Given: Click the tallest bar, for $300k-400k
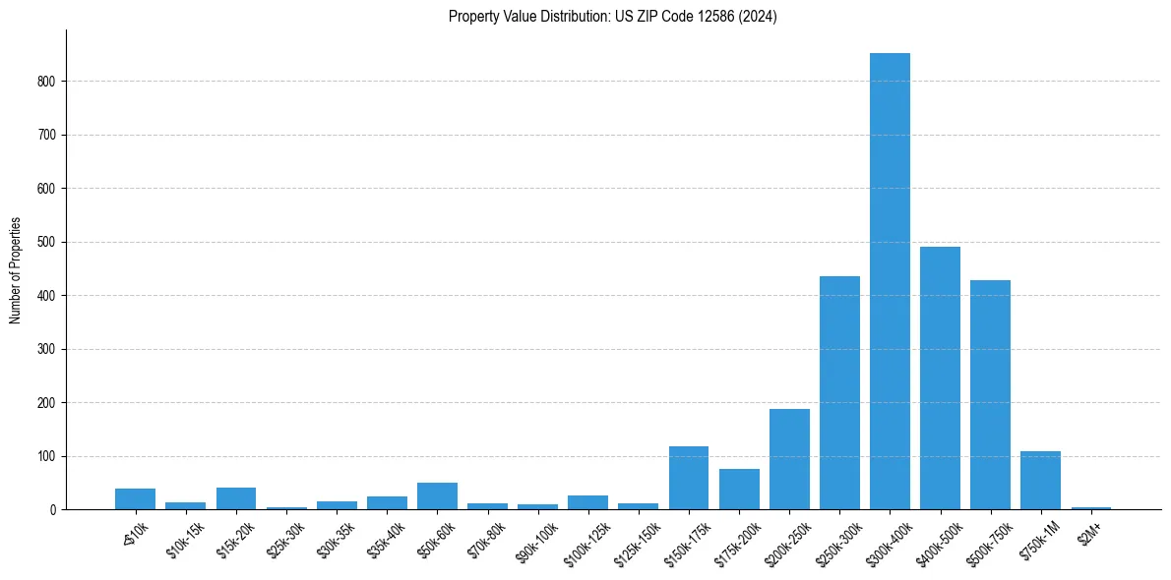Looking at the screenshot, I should pyautogui.click(x=890, y=281).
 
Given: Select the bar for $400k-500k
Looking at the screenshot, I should pyautogui.click(x=940, y=378).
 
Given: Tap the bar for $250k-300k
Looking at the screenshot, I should pyautogui.click(x=839, y=393).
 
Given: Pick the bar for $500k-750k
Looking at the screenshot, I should pyautogui.click(x=990, y=395).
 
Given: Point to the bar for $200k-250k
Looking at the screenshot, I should pyautogui.click(x=789, y=459).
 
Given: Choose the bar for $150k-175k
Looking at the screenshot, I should pyautogui.click(x=689, y=478).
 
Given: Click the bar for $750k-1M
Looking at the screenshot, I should pyautogui.click(x=1040, y=481).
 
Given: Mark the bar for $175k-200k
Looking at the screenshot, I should pyautogui.click(x=739, y=490).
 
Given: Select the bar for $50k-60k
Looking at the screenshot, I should pyautogui.click(x=437, y=496).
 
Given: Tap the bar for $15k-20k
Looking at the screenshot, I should pyautogui.click(x=236, y=498).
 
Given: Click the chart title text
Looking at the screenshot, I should pyautogui.click(x=612, y=17).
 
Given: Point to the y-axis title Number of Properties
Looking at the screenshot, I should pyautogui.click(x=16, y=269).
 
